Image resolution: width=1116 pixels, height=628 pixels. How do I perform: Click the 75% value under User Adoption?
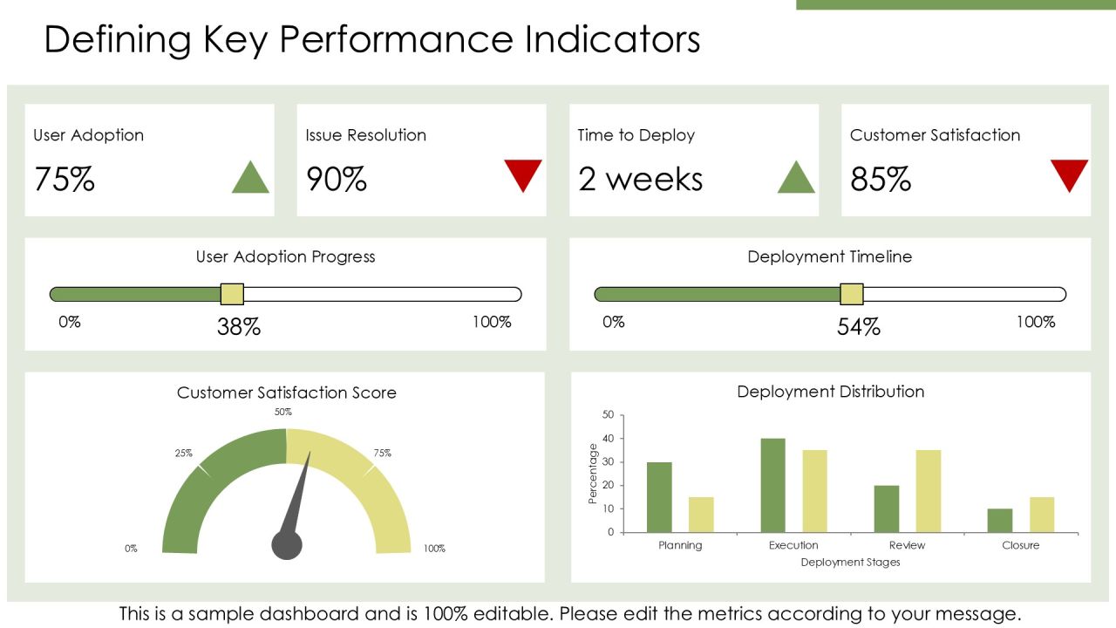(x=65, y=179)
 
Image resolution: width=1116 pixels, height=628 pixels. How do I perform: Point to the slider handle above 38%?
(x=232, y=294)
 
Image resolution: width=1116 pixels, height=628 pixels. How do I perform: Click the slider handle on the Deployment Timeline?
(x=852, y=294)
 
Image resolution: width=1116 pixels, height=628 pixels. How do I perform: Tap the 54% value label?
(x=859, y=327)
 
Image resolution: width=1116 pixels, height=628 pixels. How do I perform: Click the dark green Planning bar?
(x=659, y=497)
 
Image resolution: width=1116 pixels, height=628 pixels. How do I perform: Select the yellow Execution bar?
(x=814, y=491)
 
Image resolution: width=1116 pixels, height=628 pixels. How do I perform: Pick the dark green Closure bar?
(x=1000, y=521)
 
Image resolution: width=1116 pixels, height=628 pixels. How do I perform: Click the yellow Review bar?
(x=929, y=491)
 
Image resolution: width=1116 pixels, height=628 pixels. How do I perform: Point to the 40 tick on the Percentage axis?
(x=608, y=439)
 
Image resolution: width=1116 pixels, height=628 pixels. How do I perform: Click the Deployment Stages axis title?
(x=850, y=563)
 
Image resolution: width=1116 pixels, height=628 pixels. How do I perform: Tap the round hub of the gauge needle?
(x=287, y=545)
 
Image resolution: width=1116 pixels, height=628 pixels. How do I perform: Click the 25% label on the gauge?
(x=183, y=453)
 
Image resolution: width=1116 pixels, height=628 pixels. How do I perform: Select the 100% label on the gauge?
(x=434, y=549)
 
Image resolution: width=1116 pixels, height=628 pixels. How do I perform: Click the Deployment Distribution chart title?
(x=831, y=392)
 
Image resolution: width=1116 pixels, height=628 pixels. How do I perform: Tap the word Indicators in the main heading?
(x=612, y=39)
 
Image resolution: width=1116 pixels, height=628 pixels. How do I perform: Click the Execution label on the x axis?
(x=793, y=545)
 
